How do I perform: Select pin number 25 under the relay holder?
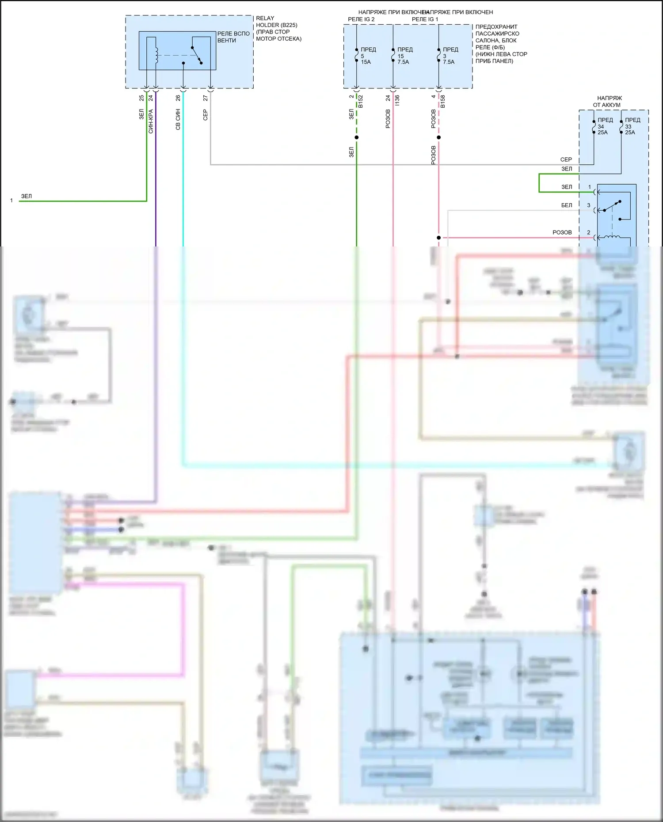(x=141, y=98)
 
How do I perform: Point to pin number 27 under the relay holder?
(x=205, y=98)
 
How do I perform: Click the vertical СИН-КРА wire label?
(x=151, y=121)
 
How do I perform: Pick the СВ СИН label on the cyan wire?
(x=178, y=119)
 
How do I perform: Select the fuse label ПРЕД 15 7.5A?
(x=404, y=56)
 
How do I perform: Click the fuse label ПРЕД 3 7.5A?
(x=450, y=56)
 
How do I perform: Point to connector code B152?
(x=361, y=101)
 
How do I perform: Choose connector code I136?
(x=397, y=100)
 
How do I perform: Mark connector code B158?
(x=442, y=101)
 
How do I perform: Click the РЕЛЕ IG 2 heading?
(x=361, y=19)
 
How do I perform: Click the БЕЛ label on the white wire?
(x=566, y=205)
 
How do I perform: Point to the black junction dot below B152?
(x=357, y=137)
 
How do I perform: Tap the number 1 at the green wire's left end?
(x=11, y=201)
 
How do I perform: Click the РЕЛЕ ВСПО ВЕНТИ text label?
(x=233, y=37)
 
